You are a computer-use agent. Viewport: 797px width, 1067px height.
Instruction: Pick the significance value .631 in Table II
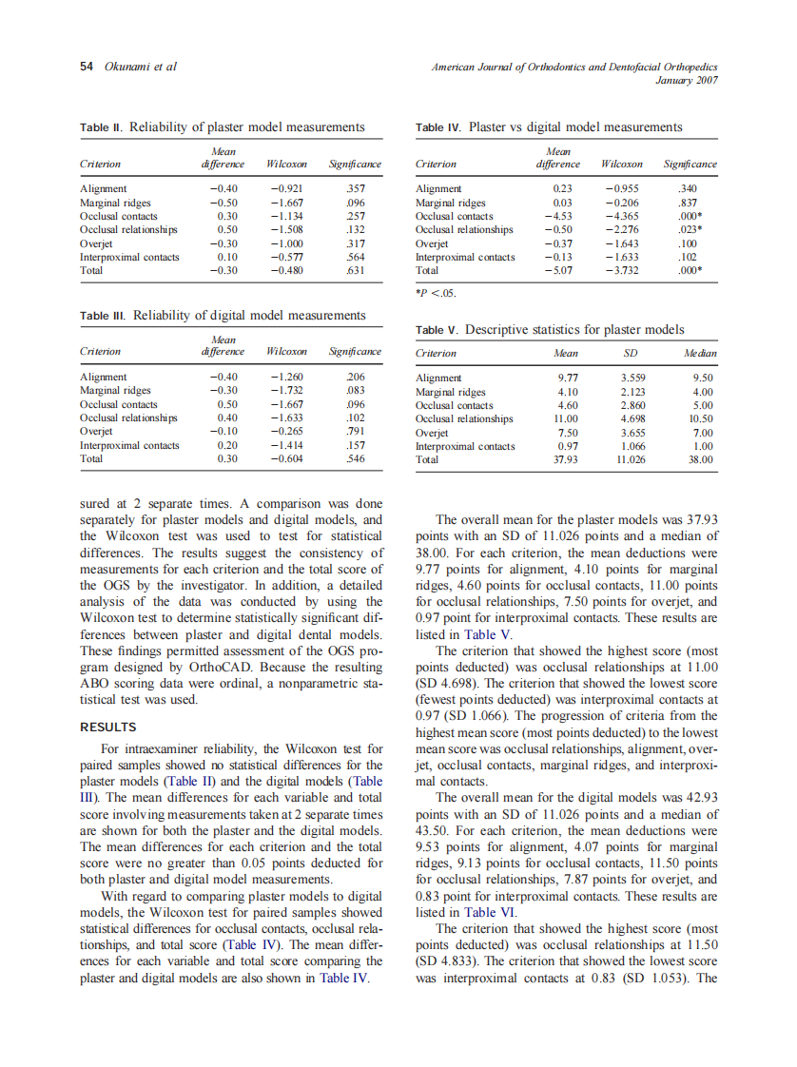click(x=356, y=269)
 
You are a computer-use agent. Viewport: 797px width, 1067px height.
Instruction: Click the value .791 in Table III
click(x=356, y=431)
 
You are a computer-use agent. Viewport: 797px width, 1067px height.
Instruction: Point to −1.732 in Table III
click(x=286, y=390)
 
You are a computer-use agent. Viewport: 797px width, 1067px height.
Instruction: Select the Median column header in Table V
click(x=700, y=353)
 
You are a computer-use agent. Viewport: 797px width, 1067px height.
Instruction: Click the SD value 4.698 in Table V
click(x=632, y=418)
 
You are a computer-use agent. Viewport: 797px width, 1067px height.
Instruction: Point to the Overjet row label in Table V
click(x=432, y=433)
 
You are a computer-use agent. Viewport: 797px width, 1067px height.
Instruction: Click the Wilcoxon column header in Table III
click(x=286, y=351)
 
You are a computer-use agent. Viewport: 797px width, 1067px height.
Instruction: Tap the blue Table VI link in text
click(x=490, y=911)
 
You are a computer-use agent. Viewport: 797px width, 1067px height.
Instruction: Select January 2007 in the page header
click(x=687, y=81)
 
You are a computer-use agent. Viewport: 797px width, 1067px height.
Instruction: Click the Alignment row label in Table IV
click(x=438, y=188)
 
